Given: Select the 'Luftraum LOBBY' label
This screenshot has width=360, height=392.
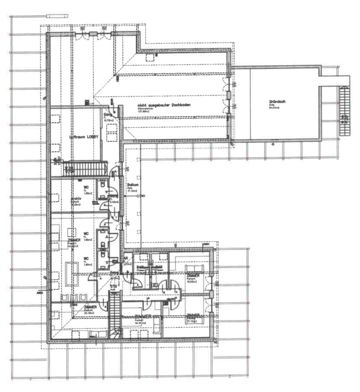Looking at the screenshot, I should tap(84, 137).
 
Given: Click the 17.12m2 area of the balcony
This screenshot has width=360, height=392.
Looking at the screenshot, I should tap(132, 191).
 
